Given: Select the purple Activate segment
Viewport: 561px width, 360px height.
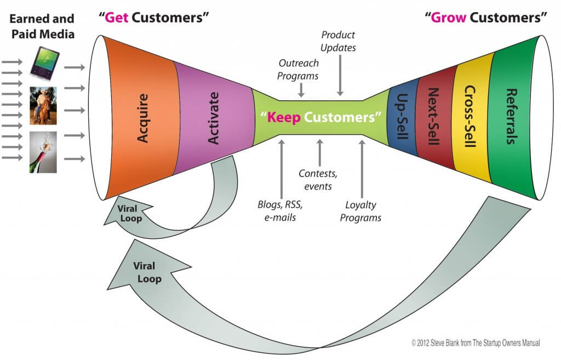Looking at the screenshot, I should [x=214, y=118].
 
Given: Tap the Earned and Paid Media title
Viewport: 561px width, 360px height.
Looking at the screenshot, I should [x=42, y=26].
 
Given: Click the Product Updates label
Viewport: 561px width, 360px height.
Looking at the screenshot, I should [x=339, y=41].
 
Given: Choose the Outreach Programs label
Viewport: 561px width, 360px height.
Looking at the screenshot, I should [x=298, y=70].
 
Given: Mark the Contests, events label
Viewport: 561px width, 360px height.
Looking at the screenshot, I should [x=319, y=180].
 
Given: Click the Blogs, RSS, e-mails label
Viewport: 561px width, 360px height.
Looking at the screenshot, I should [x=280, y=210].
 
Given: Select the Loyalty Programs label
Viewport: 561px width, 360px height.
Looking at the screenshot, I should [x=360, y=212].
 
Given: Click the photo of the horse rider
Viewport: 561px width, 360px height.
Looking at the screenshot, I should [x=43, y=105].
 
